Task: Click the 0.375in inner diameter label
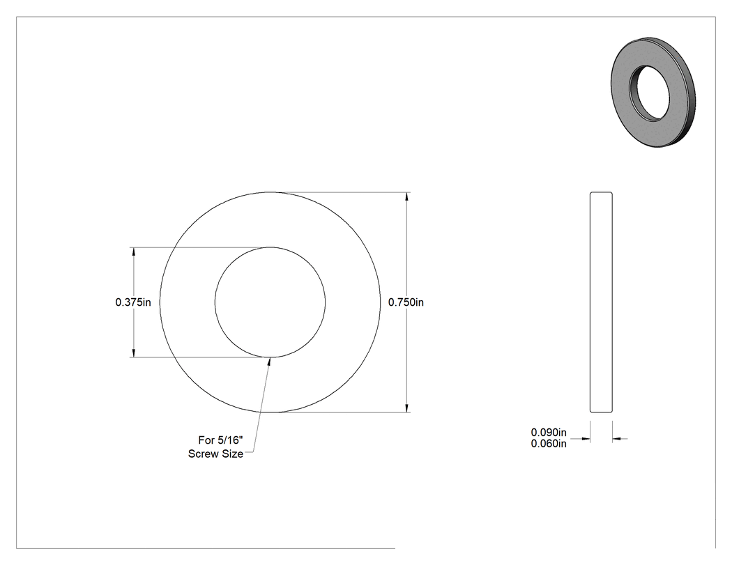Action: tap(133, 302)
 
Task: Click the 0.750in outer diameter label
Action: tap(406, 302)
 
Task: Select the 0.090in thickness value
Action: tap(549, 433)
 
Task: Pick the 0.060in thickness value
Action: tap(549, 444)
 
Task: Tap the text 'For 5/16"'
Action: tap(221, 440)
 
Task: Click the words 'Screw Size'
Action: tap(215, 454)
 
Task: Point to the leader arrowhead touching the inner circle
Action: tap(269, 363)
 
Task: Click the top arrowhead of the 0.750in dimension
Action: tap(407, 197)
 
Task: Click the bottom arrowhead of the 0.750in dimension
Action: tap(407, 408)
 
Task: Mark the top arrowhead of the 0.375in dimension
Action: tap(134, 252)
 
